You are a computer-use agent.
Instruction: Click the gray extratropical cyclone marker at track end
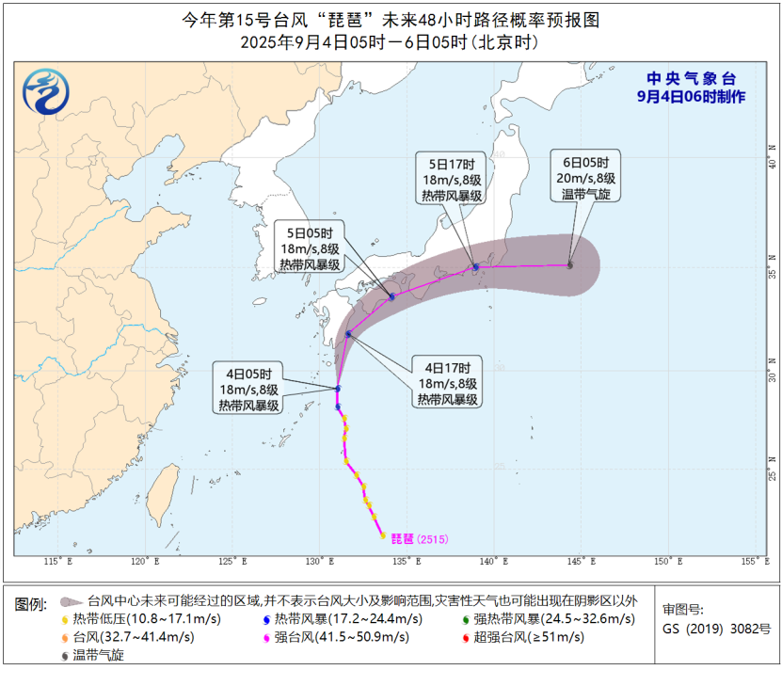(569, 265)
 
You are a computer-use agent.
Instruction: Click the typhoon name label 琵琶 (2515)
(420, 539)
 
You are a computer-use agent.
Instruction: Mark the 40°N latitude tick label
(771, 149)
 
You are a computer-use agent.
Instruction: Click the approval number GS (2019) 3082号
(715, 628)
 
